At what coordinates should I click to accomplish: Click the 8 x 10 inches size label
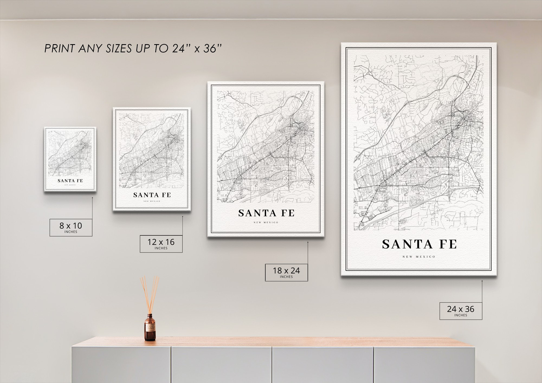(x=71, y=227)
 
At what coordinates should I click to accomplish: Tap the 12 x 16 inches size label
(x=161, y=244)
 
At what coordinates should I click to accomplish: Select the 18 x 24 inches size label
(x=286, y=272)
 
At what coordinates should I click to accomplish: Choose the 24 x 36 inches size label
(x=461, y=311)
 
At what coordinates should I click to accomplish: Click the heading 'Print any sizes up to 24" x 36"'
(x=133, y=48)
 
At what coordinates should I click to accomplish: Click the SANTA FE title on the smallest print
(x=70, y=181)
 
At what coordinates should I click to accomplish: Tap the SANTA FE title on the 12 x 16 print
(x=152, y=195)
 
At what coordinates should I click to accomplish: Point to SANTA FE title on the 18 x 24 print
(x=266, y=213)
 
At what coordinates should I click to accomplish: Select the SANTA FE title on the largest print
(x=419, y=244)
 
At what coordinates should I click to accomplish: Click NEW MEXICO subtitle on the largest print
(x=419, y=257)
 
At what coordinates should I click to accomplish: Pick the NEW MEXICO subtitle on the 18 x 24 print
(x=266, y=222)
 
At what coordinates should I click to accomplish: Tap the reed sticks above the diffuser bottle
(x=150, y=294)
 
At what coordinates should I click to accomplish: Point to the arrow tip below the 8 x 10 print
(x=92, y=198)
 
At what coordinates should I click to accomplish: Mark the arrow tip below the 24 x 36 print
(x=482, y=281)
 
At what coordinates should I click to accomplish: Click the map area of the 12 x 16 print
(x=152, y=150)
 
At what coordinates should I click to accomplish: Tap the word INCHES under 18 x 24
(x=286, y=277)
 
